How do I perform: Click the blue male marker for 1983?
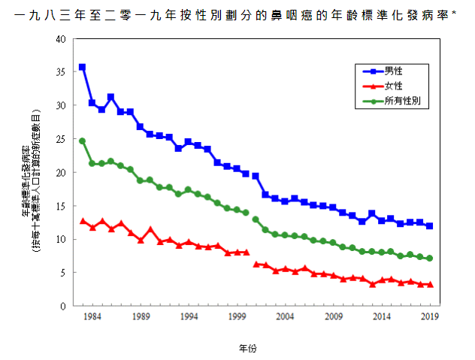(x=82, y=68)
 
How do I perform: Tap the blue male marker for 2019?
(x=429, y=226)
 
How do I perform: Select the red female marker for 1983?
(x=82, y=221)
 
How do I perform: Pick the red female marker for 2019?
(x=429, y=284)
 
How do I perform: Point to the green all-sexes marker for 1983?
(x=82, y=141)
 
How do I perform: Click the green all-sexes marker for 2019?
(x=429, y=259)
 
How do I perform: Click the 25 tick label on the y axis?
(x=60, y=139)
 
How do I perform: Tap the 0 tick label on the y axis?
(x=62, y=306)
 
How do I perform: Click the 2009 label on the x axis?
(x=333, y=317)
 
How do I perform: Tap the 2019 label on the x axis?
(x=429, y=317)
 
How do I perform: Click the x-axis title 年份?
(x=248, y=349)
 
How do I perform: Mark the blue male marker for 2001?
(x=256, y=176)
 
